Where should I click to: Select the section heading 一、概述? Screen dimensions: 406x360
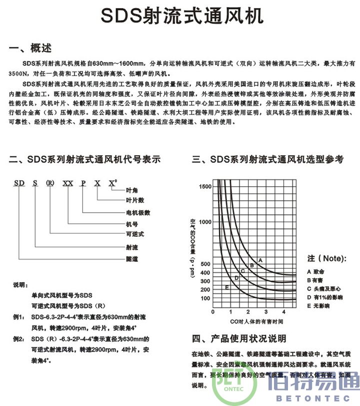coord(30,48)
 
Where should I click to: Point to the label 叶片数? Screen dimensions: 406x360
coord(134,200)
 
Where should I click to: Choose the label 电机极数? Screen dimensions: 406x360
coord(137,212)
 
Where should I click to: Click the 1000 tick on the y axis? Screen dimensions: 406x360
coord(205,222)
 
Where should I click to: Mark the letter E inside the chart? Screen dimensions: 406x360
coord(226,287)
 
